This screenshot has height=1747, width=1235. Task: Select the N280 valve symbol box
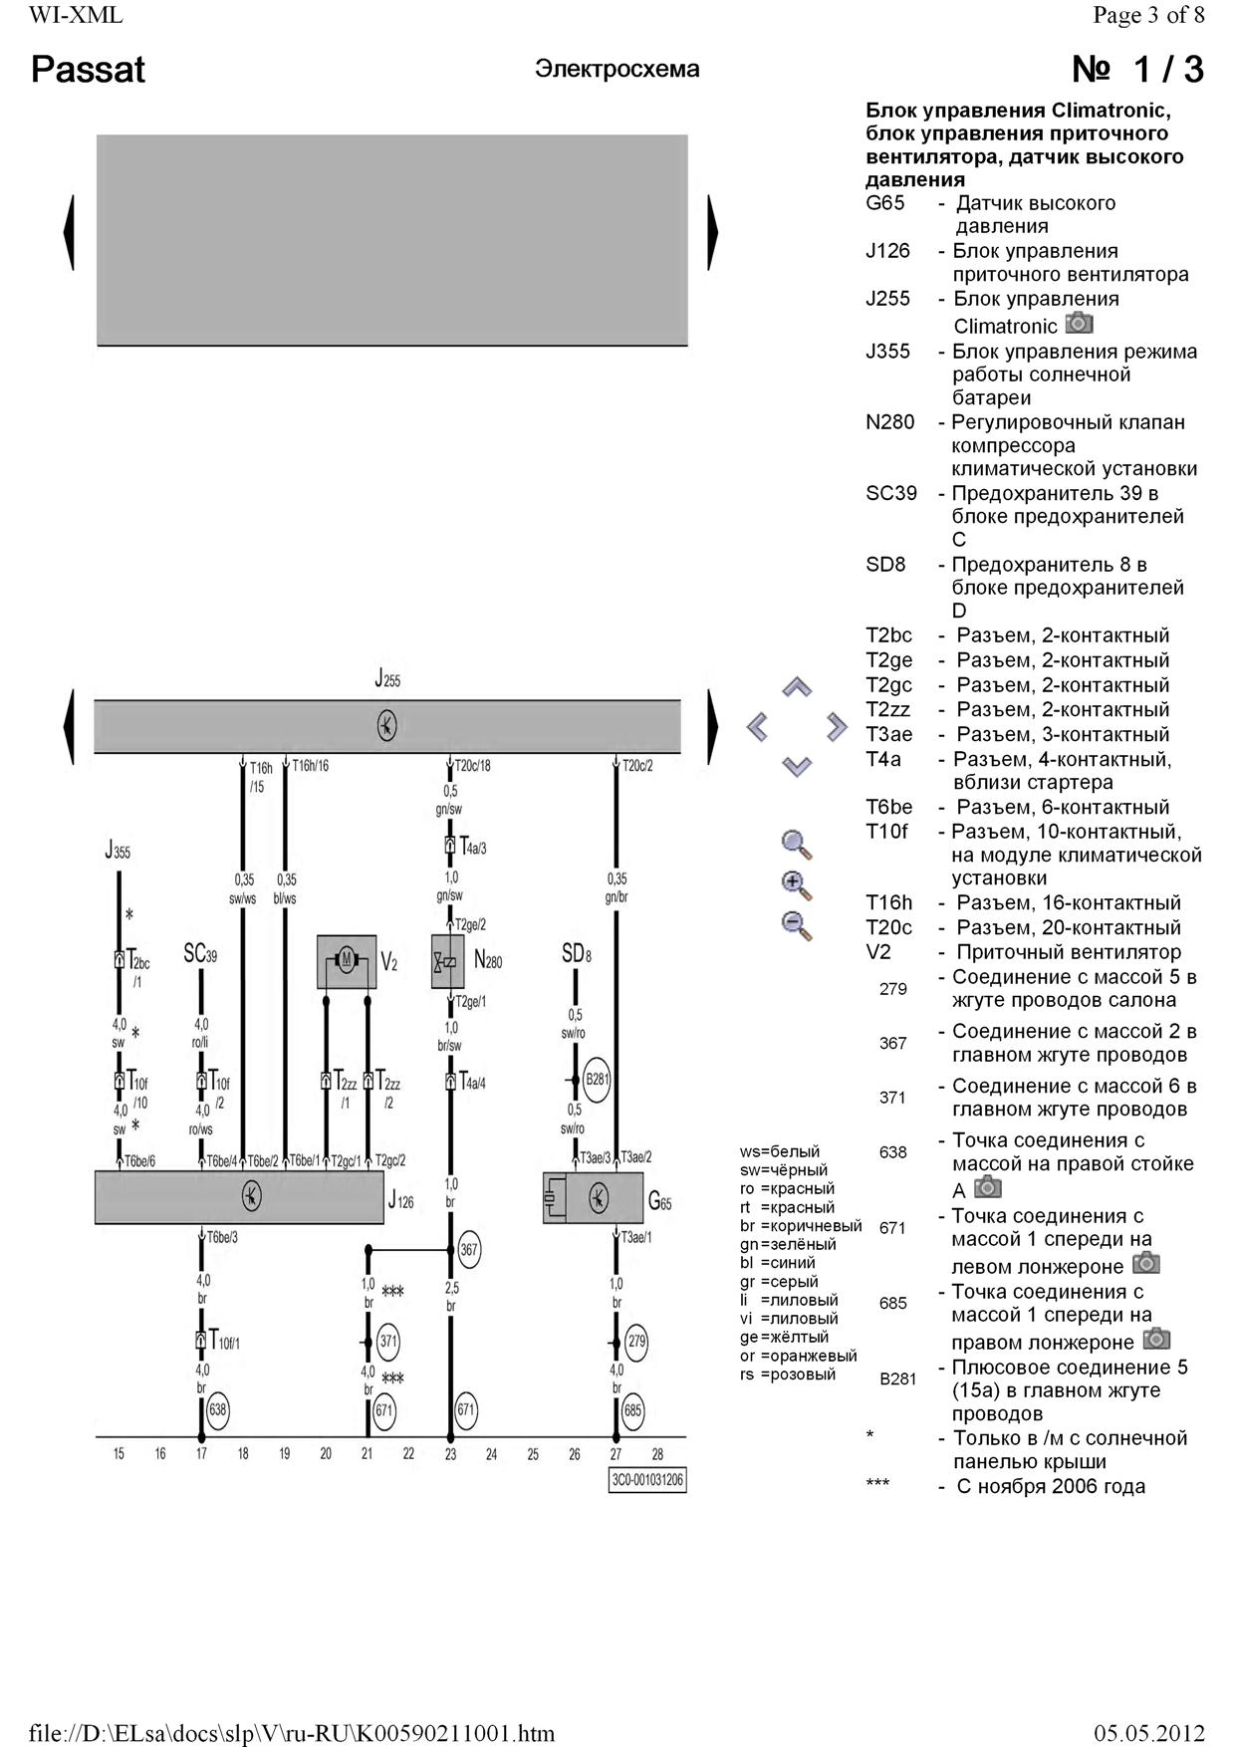pos(447,961)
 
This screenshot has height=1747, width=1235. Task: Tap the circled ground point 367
pos(468,1249)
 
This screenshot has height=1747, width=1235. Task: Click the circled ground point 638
pos(218,1409)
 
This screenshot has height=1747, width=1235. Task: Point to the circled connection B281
pos(597,1080)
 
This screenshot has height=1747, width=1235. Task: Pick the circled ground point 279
pos(636,1342)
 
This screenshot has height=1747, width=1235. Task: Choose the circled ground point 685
pos(632,1409)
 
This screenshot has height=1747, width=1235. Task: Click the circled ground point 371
pos(388,1342)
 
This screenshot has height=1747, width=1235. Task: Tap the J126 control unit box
pos(239,1196)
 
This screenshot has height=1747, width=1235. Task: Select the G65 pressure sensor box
pos(593,1196)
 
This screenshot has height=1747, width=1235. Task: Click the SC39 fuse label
pos(200,954)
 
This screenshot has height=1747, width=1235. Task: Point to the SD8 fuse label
pos(577,954)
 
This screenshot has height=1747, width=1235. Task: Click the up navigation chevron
pos(797,687)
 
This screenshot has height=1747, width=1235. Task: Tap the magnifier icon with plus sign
pos(797,884)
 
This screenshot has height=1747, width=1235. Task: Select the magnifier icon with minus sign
pos(797,925)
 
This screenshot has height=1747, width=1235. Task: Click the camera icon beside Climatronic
pos(1079,324)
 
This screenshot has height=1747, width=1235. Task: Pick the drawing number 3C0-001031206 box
pos(647,1480)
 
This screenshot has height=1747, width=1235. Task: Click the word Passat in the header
pos(88,70)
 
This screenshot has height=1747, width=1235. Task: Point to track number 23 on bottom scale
pos(450,1454)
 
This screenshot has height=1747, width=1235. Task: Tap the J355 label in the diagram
pos(118,852)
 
